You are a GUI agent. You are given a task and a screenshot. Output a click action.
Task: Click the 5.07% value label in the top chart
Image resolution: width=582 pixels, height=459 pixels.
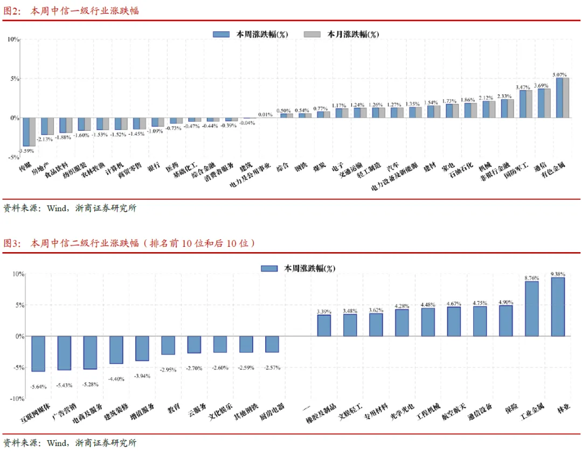(x=560, y=74)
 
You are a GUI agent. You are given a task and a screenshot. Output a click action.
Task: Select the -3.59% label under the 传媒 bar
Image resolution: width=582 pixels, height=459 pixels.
(x=26, y=150)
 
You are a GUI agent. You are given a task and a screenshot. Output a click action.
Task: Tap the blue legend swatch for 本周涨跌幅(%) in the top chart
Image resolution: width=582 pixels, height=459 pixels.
(x=221, y=34)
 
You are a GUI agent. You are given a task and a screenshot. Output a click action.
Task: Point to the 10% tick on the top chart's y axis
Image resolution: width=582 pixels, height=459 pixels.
(x=13, y=39)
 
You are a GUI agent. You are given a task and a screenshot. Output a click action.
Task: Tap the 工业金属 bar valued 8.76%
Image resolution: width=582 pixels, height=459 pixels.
(x=532, y=309)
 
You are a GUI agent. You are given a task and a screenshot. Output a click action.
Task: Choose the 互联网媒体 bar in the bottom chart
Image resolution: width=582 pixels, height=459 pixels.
(x=38, y=353)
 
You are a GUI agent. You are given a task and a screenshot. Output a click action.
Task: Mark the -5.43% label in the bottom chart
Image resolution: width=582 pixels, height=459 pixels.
(x=64, y=385)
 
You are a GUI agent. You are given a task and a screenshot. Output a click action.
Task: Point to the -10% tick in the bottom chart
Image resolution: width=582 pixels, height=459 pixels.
(x=17, y=399)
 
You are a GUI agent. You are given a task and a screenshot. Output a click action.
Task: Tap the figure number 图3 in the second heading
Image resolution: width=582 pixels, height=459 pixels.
(x=12, y=244)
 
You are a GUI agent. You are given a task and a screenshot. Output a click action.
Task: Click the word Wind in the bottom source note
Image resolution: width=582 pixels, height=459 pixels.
(x=57, y=443)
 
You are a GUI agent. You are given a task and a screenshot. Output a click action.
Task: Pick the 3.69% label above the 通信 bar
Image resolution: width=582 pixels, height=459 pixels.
(x=541, y=85)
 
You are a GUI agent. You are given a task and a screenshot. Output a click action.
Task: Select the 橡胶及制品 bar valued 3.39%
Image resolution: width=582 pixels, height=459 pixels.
(x=324, y=325)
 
